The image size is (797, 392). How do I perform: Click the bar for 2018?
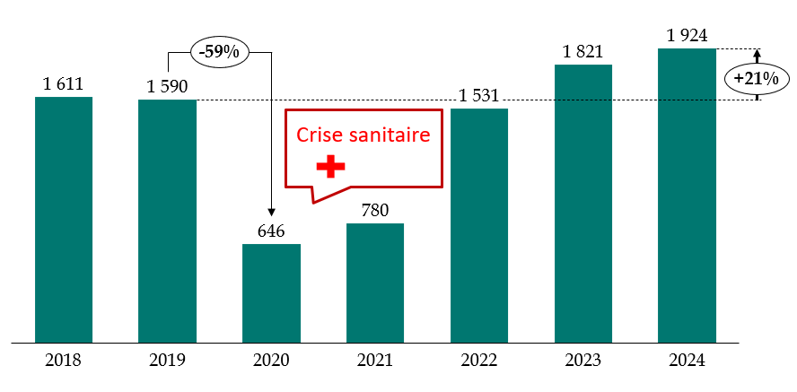coord(64,219)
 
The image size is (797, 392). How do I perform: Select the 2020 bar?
coord(271,292)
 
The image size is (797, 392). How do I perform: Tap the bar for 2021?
coord(375,283)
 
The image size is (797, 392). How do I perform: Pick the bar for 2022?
coord(479,225)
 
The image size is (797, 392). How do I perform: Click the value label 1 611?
coord(63,84)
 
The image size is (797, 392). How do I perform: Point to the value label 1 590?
coord(167,87)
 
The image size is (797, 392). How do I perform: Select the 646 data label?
coord(271,231)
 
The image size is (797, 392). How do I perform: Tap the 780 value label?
coord(375,211)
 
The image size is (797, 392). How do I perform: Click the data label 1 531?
coord(479,96)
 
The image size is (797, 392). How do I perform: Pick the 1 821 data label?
coord(583,52)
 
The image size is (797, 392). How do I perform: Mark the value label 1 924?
coord(687,36)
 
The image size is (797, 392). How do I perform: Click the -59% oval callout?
coord(219,52)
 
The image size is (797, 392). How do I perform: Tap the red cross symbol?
coord(330,166)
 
